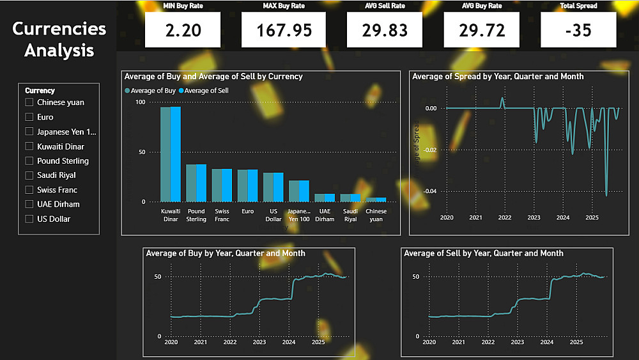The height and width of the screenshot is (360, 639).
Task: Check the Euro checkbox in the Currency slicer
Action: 29,117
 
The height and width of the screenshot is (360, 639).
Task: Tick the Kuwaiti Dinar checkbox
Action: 29,146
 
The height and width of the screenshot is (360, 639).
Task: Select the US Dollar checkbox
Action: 29,219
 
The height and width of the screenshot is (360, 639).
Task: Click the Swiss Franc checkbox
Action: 29,190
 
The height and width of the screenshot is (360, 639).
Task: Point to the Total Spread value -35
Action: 578,30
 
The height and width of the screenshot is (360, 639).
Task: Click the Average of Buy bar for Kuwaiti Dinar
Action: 166,154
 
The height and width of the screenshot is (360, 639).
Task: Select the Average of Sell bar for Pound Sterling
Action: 201,183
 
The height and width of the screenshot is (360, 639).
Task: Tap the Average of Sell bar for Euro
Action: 252,185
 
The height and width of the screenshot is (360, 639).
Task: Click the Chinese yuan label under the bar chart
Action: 376,215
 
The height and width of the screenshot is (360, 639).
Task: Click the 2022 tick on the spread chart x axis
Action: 505,218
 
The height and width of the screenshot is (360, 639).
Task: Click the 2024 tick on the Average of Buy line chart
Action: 289,343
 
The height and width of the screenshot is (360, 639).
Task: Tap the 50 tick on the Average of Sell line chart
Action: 415,277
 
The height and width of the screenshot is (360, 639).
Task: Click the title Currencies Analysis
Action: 59,39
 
